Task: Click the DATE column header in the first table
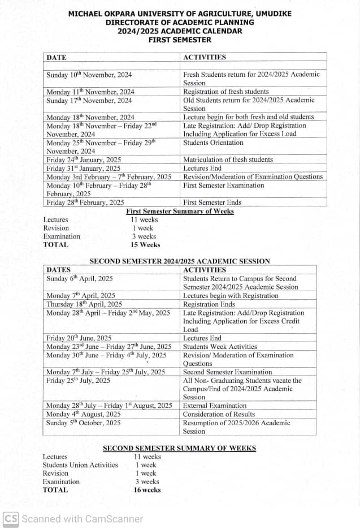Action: pos(57,57)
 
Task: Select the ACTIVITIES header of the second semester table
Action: pos(205,270)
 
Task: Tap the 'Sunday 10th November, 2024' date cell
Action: pos(89,75)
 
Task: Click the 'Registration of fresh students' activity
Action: pos(226,92)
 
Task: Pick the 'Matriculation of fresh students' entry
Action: pos(228,160)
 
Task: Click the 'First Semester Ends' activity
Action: pos(212,202)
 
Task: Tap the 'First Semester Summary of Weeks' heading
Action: pos(180,211)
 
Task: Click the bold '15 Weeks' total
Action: pos(145,245)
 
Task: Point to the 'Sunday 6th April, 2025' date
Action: pos(80,278)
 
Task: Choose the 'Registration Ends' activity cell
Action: pos(209,304)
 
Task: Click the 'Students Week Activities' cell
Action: pos(220,347)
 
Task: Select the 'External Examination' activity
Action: pos(215,406)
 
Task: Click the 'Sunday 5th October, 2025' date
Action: pos(84,423)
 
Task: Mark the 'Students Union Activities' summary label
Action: pos(80,465)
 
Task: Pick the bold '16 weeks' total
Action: pos(147,490)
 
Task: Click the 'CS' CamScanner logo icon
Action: pos(11,519)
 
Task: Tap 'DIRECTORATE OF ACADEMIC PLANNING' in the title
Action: pos(180,23)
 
